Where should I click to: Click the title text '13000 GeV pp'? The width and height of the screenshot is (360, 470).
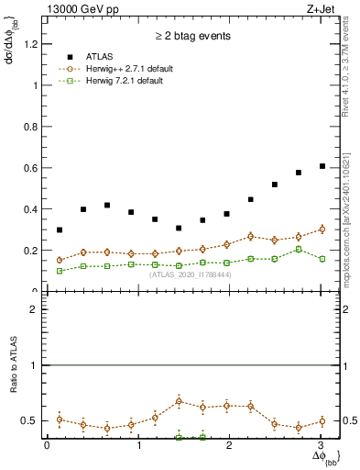[81, 10]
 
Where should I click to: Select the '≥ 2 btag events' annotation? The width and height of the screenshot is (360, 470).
[192, 37]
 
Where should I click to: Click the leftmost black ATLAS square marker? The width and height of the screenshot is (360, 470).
[60, 230]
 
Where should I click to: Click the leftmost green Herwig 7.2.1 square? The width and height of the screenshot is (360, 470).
[60, 271]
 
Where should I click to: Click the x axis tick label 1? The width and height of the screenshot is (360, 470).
[138, 445]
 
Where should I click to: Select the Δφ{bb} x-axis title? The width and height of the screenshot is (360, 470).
[324, 456]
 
